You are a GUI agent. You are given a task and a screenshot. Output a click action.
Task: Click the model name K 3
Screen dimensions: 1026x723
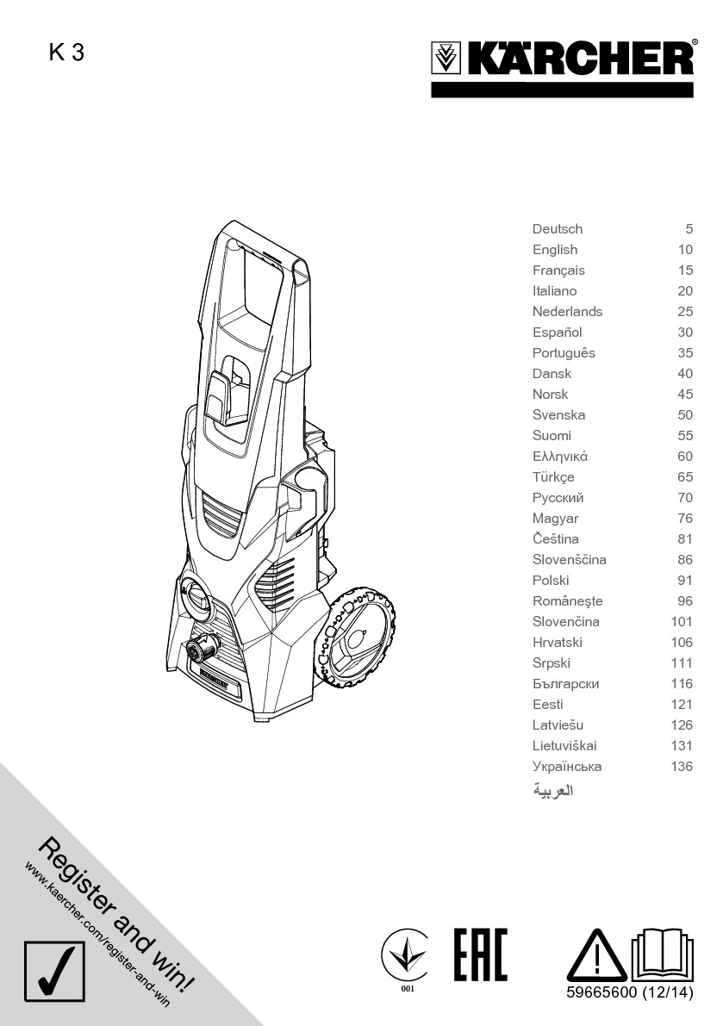pyautogui.click(x=66, y=53)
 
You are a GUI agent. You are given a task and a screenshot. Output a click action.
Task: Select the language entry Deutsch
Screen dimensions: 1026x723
pyautogui.click(x=558, y=229)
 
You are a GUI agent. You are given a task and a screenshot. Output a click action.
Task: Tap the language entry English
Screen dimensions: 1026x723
pyautogui.click(x=555, y=250)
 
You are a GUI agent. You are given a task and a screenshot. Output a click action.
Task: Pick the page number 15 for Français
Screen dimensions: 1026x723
pyautogui.click(x=685, y=270)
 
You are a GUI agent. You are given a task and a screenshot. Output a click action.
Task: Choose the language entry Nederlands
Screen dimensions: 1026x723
pyautogui.click(x=567, y=312)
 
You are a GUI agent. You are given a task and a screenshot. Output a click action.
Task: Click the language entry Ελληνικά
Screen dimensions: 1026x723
pyautogui.click(x=560, y=457)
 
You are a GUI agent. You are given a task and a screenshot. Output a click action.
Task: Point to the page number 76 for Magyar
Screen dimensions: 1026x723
pyautogui.click(x=685, y=519)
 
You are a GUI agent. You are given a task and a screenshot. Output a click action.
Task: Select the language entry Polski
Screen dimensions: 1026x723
pyautogui.click(x=551, y=581)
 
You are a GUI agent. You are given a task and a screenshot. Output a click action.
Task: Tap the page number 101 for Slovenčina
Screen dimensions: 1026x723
pyautogui.click(x=682, y=622)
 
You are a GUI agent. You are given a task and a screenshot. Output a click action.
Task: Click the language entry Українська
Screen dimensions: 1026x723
pyautogui.click(x=567, y=767)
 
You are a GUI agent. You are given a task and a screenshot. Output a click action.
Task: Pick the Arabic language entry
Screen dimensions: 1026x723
pyautogui.click(x=553, y=790)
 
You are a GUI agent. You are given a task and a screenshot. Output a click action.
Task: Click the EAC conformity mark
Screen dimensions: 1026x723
pyautogui.click(x=480, y=954)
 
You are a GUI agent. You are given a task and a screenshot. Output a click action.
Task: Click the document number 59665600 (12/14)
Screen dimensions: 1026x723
pyautogui.click(x=630, y=993)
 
